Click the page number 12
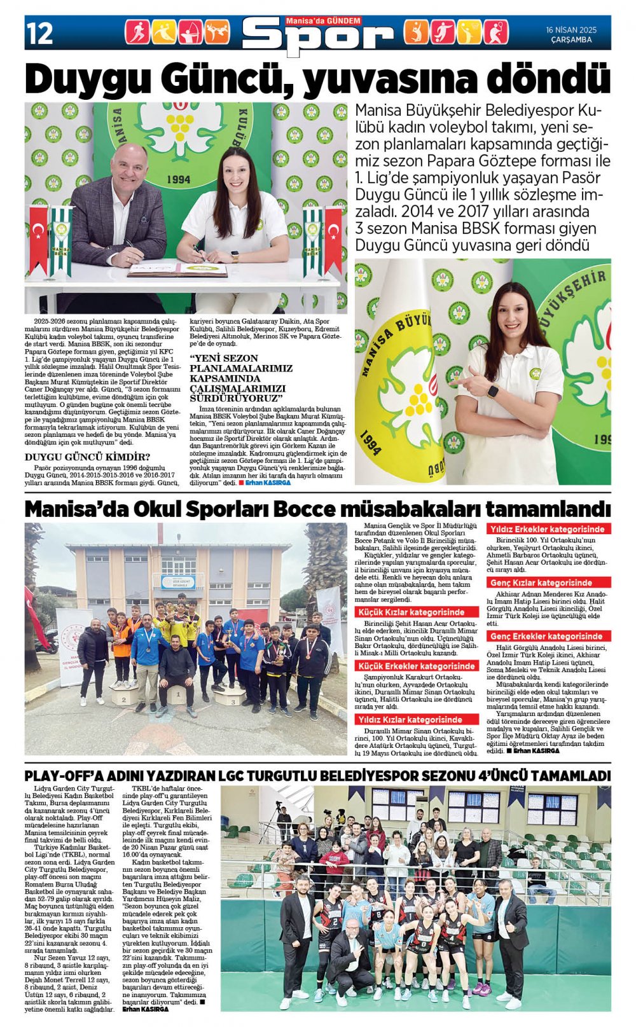click(39, 33)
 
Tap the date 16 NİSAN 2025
click(571, 30)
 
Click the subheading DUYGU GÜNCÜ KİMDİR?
click(88, 457)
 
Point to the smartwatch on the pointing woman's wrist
click(492, 391)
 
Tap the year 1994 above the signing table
click(179, 179)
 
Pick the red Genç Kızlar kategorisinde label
click(541, 582)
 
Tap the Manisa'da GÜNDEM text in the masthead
click(323, 21)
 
